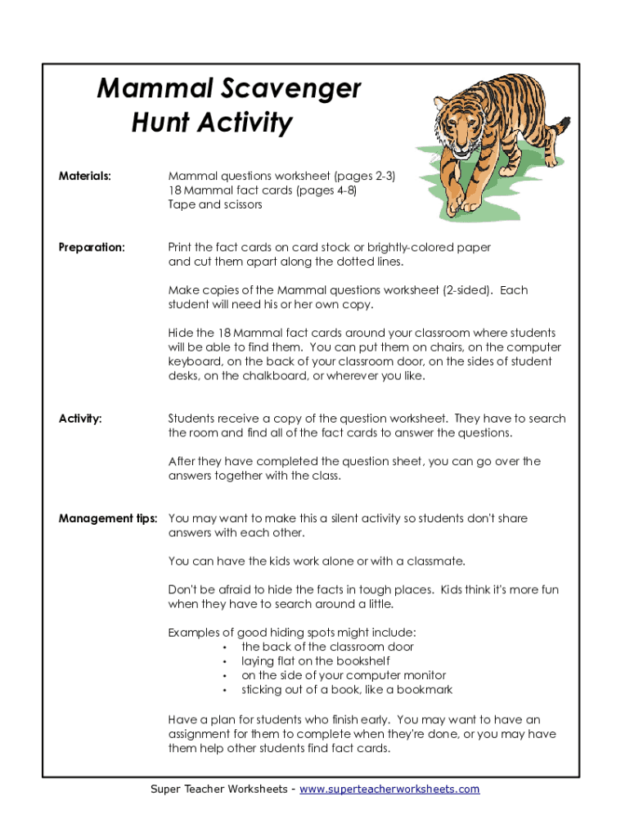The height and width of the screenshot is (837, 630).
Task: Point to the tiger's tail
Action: point(557,131)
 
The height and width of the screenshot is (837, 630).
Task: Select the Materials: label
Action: point(85,176)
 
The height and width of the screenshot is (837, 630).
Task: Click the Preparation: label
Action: point(92,247)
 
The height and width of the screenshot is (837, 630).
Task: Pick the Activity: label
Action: point(80,418)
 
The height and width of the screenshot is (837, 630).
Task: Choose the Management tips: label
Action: point(108,518)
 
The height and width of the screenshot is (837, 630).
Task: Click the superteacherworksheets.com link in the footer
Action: point(389,789)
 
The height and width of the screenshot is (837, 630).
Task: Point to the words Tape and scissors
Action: point(215,204)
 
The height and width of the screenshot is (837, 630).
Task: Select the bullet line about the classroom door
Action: point(327,647)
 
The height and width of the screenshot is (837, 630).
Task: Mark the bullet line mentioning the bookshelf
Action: point(315,660)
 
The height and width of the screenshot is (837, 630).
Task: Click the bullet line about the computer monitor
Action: point(343,675)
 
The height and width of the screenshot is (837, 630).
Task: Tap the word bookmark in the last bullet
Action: point(422,689)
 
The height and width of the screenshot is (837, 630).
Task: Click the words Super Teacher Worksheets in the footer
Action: point(218,789)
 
